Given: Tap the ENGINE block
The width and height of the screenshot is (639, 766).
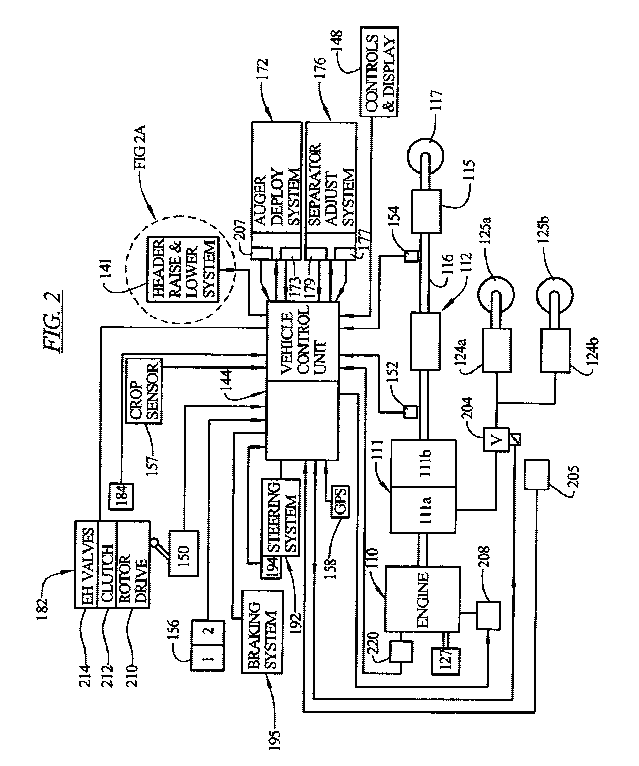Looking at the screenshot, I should [422, 599].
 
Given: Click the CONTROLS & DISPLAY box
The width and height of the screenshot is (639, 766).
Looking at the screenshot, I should [379, 71].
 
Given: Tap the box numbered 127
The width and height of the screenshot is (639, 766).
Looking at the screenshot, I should [445, 661].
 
